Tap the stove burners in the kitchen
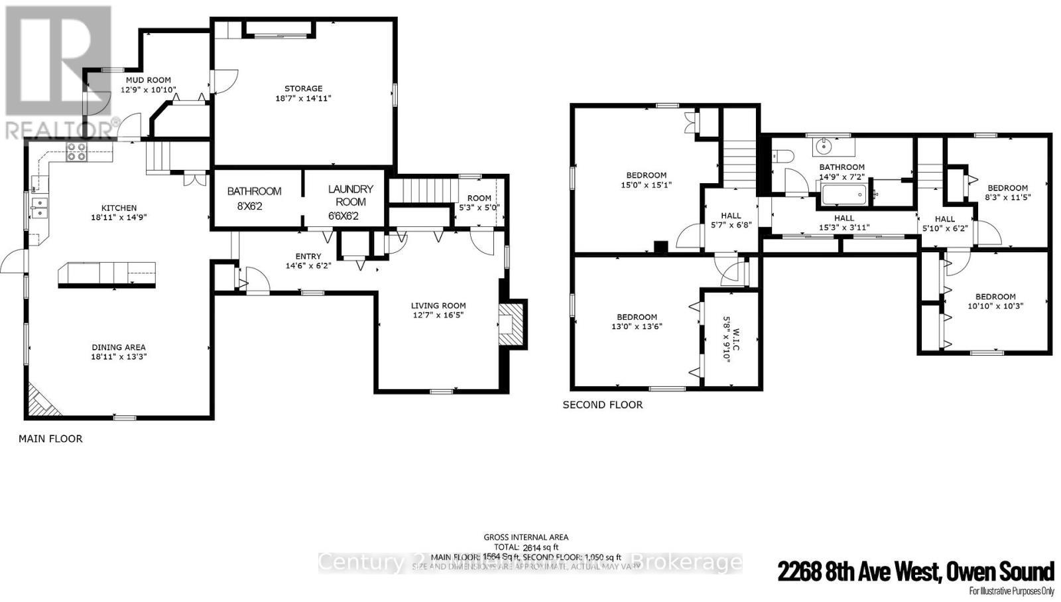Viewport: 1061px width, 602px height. pos(76,152)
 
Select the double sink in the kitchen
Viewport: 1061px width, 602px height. pos(38,208)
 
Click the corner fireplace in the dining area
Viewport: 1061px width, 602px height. pos(41,401)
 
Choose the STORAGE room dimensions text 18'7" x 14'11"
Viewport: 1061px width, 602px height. pos(303,98)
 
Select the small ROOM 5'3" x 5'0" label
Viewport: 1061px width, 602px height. pos(479,198)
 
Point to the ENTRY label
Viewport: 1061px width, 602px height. pos(308,256)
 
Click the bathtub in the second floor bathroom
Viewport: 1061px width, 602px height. pos(843,194)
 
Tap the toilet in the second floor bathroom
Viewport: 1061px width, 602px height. pos(783,157)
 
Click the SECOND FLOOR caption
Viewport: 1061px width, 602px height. pos(602,404)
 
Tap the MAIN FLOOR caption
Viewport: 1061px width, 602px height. pos(50,439)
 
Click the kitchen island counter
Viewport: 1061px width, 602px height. pos(107,273)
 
